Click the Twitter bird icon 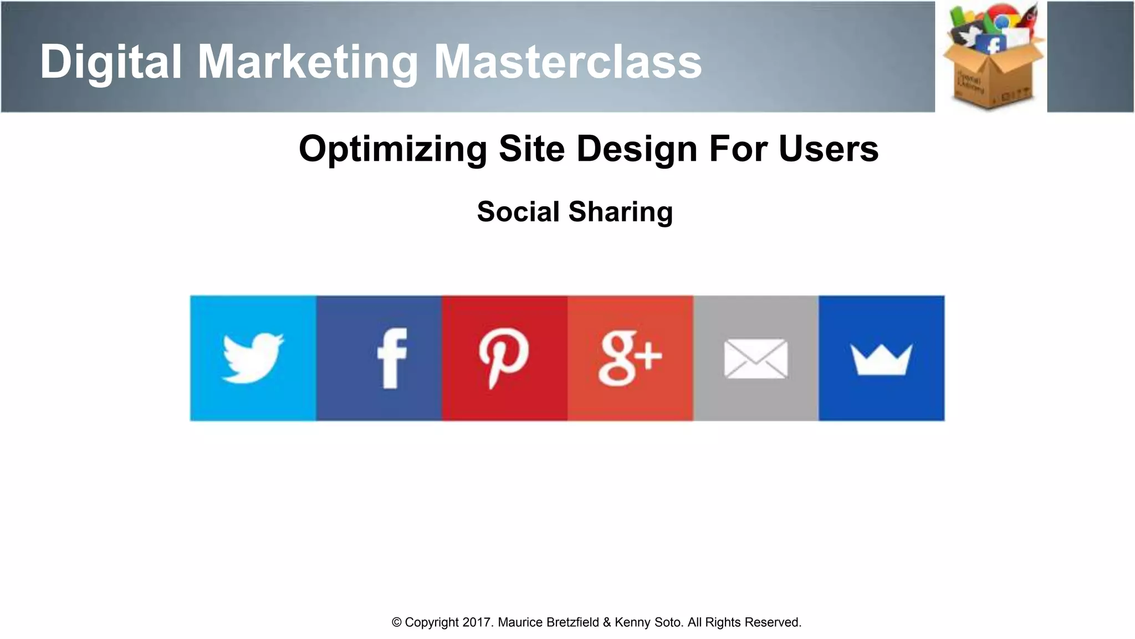click(253, 358)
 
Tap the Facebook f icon click(392, 358)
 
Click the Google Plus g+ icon click(630, 358)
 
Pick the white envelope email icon click(755, 359)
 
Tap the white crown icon click(881, 359)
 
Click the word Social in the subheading click(518, 212)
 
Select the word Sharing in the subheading click(620, 212)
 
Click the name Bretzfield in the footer click(572, 622)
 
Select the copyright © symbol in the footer click(396, 622)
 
